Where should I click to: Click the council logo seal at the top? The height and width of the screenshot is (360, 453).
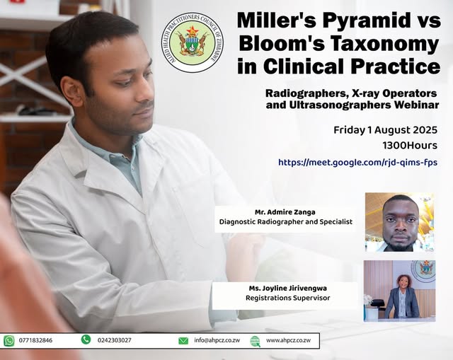(x=188, y=43)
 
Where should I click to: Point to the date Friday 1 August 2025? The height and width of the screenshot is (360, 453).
(x=385, y=130)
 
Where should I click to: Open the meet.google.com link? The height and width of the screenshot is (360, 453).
(x=357, y=162)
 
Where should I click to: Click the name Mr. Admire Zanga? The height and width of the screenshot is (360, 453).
(x=285, y=211)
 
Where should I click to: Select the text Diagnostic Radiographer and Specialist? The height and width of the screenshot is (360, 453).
(x=285, y=221)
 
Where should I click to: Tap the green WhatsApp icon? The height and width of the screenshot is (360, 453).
(x=9, y=341)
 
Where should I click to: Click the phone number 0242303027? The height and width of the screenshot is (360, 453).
(x=114, y=340)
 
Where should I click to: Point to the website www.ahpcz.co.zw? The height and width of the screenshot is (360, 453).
(x=288, y=341)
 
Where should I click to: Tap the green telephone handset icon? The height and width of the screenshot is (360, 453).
(x=86, y=340)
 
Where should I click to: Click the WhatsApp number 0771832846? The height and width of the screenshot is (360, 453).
(x=36, y=341)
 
